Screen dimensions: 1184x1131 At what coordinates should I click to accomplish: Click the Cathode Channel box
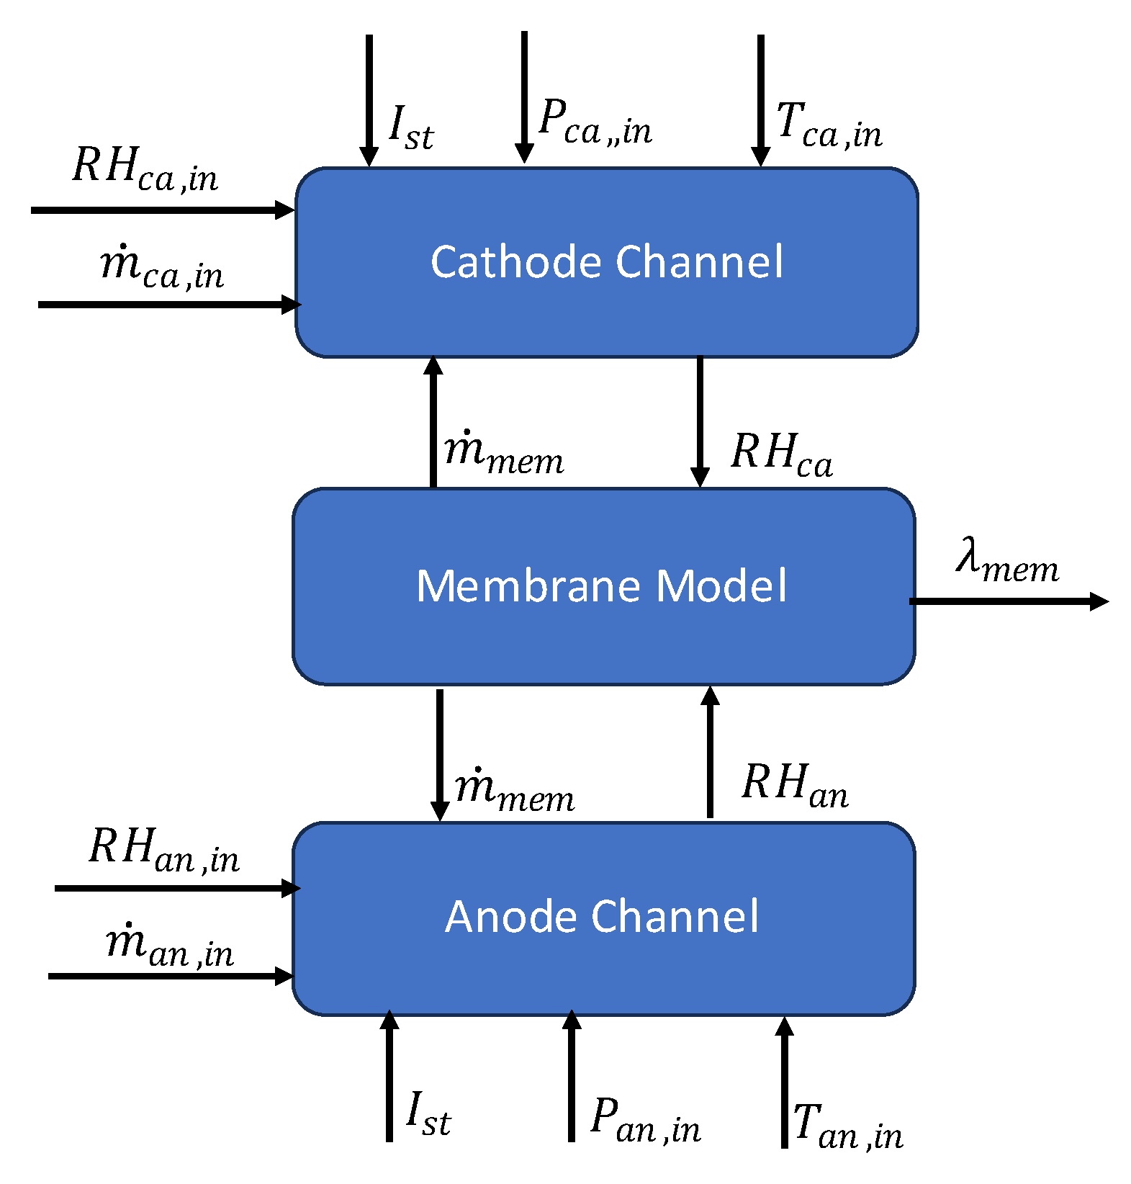[606, 262]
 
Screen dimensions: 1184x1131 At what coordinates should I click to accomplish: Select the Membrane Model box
[603, 586]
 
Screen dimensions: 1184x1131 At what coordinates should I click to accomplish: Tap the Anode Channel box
[603, 918]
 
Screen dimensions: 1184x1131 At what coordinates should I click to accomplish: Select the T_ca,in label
[829, 125]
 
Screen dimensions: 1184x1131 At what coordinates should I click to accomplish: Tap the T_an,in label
[847, 1127]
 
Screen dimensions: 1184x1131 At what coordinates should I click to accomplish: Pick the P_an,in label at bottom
[645, 1121]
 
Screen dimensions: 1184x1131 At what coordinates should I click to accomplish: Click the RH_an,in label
[164, 850]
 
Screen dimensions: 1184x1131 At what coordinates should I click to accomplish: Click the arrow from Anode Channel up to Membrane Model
[710, 752]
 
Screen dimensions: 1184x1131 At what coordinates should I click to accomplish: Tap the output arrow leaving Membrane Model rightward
[1008, 601]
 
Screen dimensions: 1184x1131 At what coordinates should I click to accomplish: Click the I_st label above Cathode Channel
[411, 128]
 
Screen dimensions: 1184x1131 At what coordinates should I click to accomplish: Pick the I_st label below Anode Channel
[428, 1114]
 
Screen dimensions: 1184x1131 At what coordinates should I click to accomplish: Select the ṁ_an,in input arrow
[170, 977]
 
